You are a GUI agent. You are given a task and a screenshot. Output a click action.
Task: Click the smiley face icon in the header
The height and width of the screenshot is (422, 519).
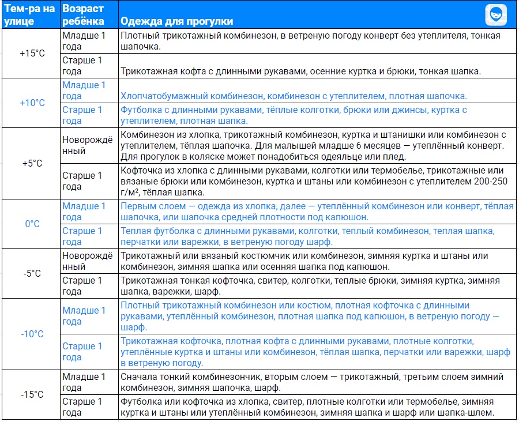[x=495, y=13]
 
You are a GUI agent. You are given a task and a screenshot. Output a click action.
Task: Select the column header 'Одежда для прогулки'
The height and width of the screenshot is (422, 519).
[x=176, y=21]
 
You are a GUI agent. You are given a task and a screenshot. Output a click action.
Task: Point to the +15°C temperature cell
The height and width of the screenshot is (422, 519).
[x=32, y=53]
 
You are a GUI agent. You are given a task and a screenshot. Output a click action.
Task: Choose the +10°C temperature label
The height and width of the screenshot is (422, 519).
[x=32, y=103]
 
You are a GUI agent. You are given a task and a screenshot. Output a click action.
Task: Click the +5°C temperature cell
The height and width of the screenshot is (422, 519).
[x=32, y=163]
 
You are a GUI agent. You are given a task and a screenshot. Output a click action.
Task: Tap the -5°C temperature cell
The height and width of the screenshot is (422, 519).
[x=32, y=273]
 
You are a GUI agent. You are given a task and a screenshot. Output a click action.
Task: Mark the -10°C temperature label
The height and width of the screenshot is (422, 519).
[x=32, y=334]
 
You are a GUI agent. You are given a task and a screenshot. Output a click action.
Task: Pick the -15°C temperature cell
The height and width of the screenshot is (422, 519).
[x=32, y=395]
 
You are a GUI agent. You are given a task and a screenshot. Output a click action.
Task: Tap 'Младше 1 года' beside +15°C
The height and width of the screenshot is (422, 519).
[x=84, y=41]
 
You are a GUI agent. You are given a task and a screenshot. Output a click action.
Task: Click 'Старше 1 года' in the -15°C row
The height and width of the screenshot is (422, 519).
[x=82, y=407]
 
